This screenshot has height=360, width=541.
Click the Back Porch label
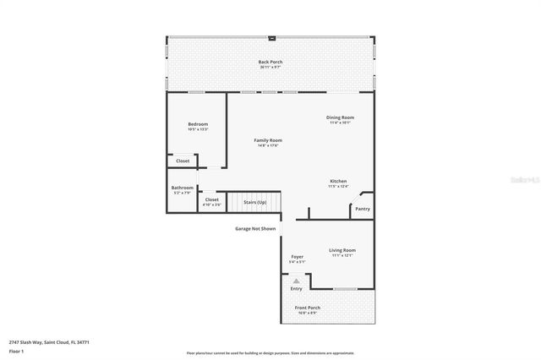270,62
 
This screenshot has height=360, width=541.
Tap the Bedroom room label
198,124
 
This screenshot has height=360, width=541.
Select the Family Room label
269,139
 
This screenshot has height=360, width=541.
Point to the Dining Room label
341,117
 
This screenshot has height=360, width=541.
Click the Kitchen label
338,182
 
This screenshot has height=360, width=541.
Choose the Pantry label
363,209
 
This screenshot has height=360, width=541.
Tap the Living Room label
342,250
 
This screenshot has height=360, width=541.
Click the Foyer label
297,257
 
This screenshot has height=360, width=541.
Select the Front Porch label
307,308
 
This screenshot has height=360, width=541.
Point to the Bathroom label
183,188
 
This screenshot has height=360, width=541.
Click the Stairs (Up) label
255,202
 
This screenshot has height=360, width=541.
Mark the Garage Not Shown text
255,228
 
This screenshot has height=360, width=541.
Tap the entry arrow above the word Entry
296,281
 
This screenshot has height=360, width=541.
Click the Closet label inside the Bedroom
183,161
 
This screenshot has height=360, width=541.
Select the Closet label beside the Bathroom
211,199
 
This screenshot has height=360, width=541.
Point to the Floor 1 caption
17,351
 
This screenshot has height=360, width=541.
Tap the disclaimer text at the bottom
270,353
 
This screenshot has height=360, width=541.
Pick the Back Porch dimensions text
270,68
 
